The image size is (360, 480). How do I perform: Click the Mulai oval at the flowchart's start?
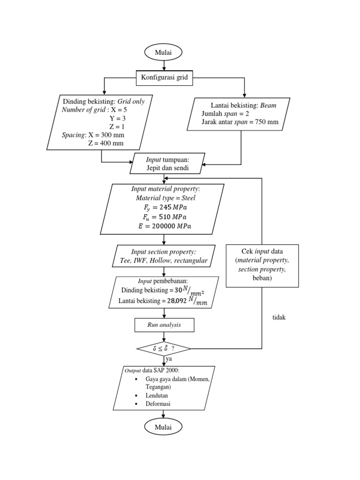coord(164,52)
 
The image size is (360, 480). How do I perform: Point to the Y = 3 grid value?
coord(114,118)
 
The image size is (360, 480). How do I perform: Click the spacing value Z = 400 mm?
coord(105,143)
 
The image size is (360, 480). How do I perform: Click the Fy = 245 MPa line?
coord(162,207)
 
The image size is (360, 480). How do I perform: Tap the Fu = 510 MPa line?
coord(162,217)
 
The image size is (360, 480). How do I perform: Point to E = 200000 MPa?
coord(162,226)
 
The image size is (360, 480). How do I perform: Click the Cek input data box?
coord(262,265)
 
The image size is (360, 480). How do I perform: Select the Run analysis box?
coord(164,324)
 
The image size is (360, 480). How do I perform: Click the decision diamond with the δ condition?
coord(164,349)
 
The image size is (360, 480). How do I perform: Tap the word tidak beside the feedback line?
coord(279,317)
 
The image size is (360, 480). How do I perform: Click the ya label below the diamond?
coord(169,359)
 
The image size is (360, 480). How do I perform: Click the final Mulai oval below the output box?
coord(164,427)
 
